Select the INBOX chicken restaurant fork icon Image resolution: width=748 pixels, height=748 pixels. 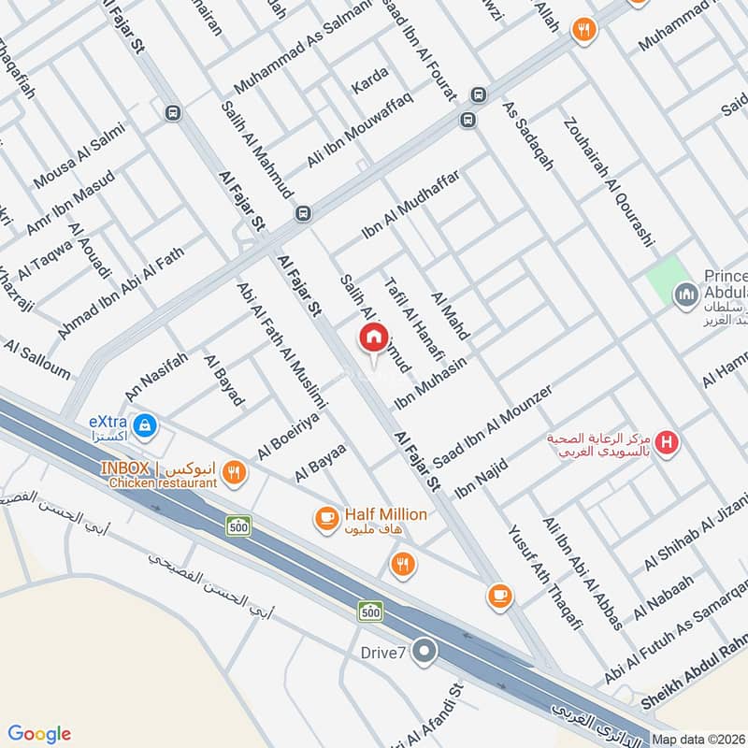(x=235, y=474)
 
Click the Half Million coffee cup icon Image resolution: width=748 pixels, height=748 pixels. (x=326, y=518)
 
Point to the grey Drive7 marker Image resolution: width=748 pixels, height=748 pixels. (x=425, y=652)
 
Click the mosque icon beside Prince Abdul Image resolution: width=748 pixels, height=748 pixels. (x=687, y=295)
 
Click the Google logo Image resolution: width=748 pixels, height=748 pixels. (x=40, y=733)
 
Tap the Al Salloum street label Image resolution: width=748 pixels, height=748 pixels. (x=37, y=360)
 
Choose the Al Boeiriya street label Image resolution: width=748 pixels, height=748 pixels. (x=289, y=436)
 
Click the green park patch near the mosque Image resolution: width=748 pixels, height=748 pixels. (x=665, y=278)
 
